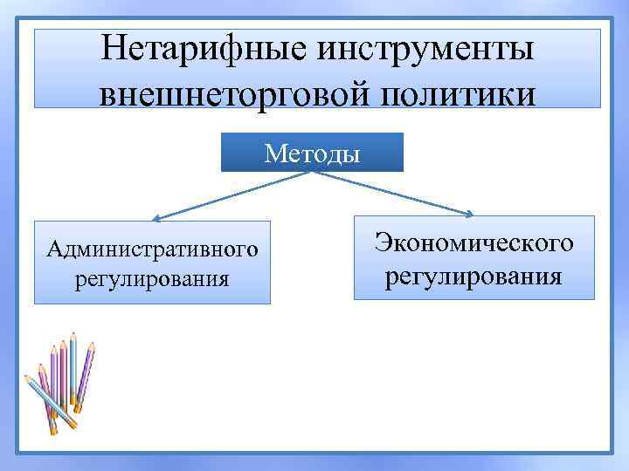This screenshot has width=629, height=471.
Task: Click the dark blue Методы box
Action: click(x=312, y=153)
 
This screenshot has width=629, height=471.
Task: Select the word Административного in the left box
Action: click(x=153, y=250)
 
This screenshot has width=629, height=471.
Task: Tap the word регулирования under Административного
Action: click(x=153, y=280)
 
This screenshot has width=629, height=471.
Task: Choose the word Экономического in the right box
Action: click(x=474, y=243)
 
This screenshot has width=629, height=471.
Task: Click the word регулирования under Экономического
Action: click(x=474, y=276)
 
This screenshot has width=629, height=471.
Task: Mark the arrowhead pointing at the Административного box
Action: click(x=156, y=219)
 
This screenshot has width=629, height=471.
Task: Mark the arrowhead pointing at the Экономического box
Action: click(x=469, y=214)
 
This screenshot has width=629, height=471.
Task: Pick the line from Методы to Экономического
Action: click(x=393, y=192)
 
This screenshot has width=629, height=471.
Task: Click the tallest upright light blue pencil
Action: click(x=73, y=366)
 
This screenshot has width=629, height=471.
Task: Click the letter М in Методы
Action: click(x=273, y=154)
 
